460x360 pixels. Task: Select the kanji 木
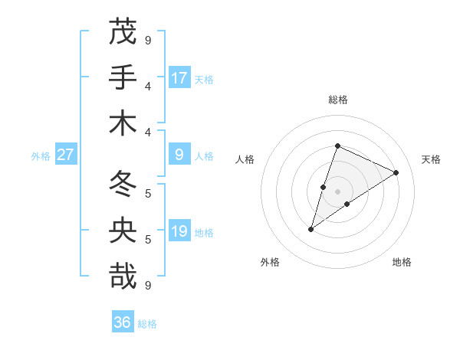[123, 123]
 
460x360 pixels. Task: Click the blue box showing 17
[179, 77]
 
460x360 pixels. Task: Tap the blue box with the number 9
[179, 155]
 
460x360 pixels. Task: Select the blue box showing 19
[179, 231]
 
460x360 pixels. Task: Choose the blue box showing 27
[66, 155]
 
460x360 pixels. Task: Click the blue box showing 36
[123, 322]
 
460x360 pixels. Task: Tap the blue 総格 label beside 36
[147, 323]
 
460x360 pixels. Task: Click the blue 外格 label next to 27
[41, 156]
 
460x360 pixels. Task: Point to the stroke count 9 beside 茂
[148, 39]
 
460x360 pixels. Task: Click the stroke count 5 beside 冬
[148, 192]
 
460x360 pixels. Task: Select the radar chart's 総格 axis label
[338, 100]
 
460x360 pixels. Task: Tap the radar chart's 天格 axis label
[431, 159]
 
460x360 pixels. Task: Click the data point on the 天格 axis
[396, 172]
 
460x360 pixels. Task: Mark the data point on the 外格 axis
[311, 229]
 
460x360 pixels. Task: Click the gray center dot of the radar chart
[338, 191]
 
